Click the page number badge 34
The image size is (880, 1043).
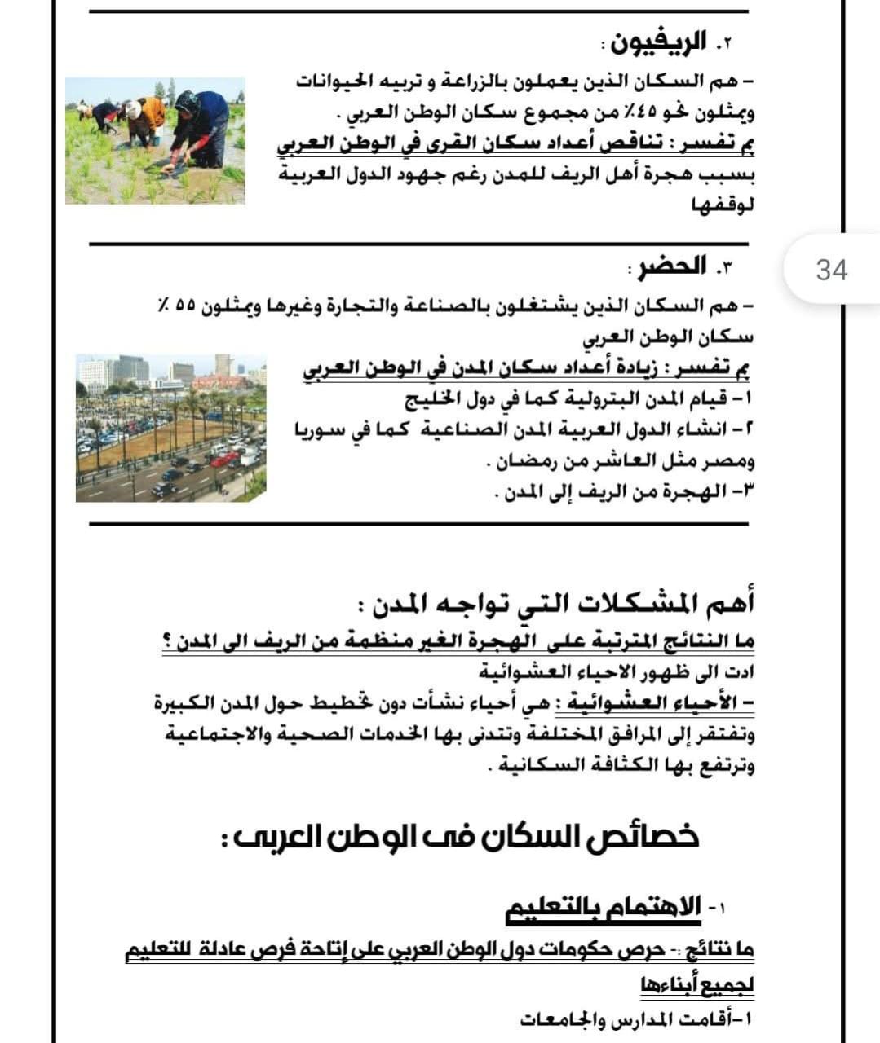(x=831, y=270)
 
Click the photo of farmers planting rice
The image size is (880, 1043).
(x=155, y=140)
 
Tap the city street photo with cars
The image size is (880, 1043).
(x=170, y=428)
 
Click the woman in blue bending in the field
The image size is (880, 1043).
(x=200, y=129)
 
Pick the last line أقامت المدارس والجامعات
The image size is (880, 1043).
(x=636, y=1019)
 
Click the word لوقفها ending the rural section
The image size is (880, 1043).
(x=723, y=206)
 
